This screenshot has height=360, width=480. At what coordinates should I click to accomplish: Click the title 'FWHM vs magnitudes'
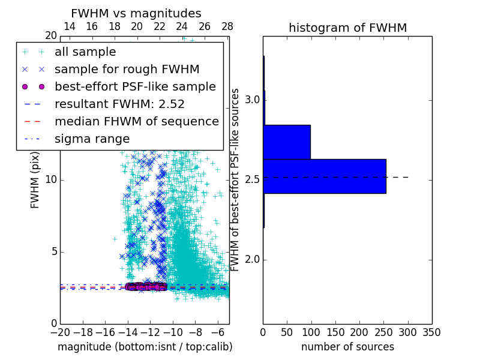click(136, 14)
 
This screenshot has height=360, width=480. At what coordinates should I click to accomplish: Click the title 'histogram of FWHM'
click(347, 28)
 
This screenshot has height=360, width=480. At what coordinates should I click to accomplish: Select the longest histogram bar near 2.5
click(324, 176)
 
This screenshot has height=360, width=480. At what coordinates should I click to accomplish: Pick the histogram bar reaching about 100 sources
click(287, 142)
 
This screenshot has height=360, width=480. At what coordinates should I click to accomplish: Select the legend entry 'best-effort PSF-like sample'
click(135, 87)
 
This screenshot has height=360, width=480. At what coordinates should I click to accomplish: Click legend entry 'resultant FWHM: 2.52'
click(119, 104)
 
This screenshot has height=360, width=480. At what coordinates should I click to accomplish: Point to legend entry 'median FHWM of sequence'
click(136, 122)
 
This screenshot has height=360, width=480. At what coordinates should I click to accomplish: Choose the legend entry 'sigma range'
click(92, 139)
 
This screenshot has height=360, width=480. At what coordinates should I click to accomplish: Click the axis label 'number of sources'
click(347, 347)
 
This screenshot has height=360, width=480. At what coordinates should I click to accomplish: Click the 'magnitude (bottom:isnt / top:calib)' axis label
click(145, 347)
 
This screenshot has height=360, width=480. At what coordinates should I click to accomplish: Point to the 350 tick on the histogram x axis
click(431, 332)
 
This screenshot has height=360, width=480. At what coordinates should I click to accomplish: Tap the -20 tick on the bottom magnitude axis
click(60, 332)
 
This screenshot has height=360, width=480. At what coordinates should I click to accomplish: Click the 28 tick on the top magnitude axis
click(227, 26)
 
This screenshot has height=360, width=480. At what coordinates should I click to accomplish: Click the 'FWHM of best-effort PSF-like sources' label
click(235, 180)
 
